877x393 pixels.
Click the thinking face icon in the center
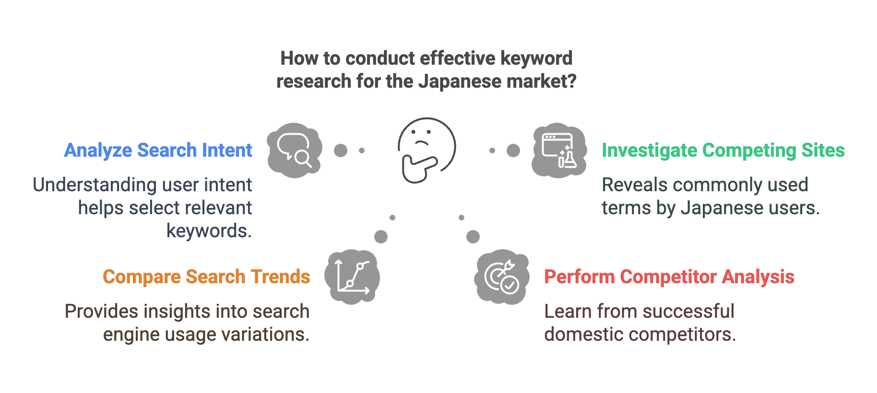[427, 150]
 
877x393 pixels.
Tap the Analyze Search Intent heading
[158, 150]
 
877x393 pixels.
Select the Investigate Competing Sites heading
[723, 150]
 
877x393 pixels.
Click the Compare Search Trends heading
[207, 277]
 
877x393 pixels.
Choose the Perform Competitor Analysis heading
[669, 277]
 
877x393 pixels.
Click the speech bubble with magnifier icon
[295, 150]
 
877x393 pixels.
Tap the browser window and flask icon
[559, 150]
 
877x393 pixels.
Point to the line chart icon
[352, 277]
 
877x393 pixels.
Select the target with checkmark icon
[501, 277]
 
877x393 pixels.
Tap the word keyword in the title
[536, 58]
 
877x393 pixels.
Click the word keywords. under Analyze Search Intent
[209, 231]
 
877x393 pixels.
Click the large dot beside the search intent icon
[341, 150]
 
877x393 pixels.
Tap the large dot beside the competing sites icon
[513, 150]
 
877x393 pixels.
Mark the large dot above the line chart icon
[381, 237]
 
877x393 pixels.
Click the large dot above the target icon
[473, 237]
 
